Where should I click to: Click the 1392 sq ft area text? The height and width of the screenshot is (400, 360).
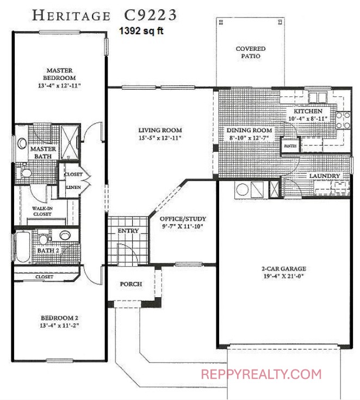[x=141, y=31]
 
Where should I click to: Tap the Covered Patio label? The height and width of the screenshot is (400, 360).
[x=251, y=52]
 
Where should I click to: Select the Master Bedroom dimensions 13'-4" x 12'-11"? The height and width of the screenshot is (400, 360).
[x=59, y=85]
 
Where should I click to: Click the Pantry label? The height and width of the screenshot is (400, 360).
[x=290, y=146]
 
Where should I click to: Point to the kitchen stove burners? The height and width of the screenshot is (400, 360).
[x=343, y=120]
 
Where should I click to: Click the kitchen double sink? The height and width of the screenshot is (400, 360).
[x=318, y=97]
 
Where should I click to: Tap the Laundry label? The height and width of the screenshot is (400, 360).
[x=325, y=176]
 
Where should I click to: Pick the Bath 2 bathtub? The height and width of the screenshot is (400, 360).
[x=22, y=247]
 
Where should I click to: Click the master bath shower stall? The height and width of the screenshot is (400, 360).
[x=70, y=143]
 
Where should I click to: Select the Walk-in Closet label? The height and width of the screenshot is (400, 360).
[x=42, y=211]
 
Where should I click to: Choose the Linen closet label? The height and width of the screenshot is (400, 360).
[x=73, y=187]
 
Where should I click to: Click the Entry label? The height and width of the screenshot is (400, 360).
[x=128, y=231]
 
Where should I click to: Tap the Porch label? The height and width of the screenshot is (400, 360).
[x=131, y=284]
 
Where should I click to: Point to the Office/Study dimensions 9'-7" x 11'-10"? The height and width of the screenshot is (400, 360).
[x=183, y=226]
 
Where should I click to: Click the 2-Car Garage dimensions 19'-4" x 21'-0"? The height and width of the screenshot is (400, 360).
[x=284, y=276]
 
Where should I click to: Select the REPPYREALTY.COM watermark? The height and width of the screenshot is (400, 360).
[x=262, y=374]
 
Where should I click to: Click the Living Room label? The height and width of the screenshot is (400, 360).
[x=160, y=130]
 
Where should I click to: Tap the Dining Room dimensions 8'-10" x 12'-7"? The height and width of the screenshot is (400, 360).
[x=249, y=138]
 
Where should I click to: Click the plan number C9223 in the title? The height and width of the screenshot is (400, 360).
[x=150, y=15]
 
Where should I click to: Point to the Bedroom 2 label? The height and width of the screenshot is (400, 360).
[x=59, y=318]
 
